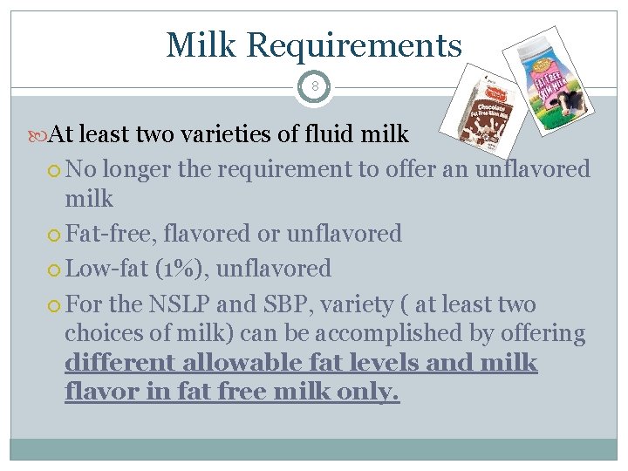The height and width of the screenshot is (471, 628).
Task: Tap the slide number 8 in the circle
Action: coord(314,86)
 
